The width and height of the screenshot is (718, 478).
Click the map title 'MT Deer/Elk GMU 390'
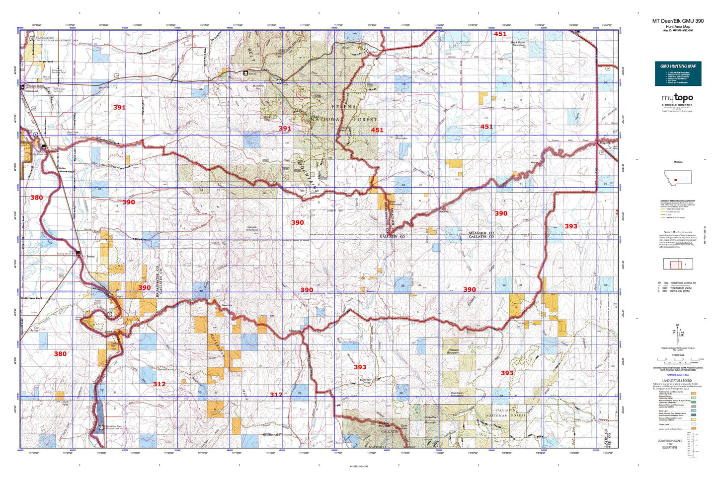pos(678,21)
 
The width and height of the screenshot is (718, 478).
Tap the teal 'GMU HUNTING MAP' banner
pos(678,66)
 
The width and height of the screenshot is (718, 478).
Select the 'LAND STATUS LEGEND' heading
pos(676,381)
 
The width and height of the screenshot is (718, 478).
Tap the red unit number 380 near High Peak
pos(60,354)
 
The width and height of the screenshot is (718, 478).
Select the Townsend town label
pos(32,92)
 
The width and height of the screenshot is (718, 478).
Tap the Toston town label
pos(90,257)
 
